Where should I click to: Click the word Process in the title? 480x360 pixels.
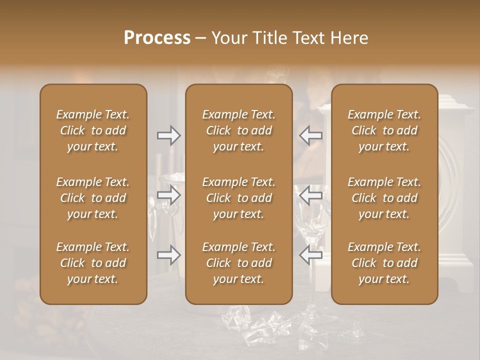coord(157,38)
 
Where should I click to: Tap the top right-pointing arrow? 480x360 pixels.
coord(169,135)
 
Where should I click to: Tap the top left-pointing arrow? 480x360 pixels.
coord(310,135)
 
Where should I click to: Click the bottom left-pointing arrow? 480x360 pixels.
coord(310,255)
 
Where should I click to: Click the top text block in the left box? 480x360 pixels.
coord(93,130)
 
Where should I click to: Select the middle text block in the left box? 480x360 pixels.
coord(93,198)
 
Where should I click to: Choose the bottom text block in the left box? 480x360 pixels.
coord(93,263)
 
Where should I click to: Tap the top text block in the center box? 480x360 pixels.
coord(239,130)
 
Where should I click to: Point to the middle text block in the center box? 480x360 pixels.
coord(239,198)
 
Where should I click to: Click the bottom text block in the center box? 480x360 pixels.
coord(239,263)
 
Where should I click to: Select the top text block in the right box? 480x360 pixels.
coord(384,130)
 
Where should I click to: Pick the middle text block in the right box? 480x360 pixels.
coord(384,198)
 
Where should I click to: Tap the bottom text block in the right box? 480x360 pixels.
coord(384,263)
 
